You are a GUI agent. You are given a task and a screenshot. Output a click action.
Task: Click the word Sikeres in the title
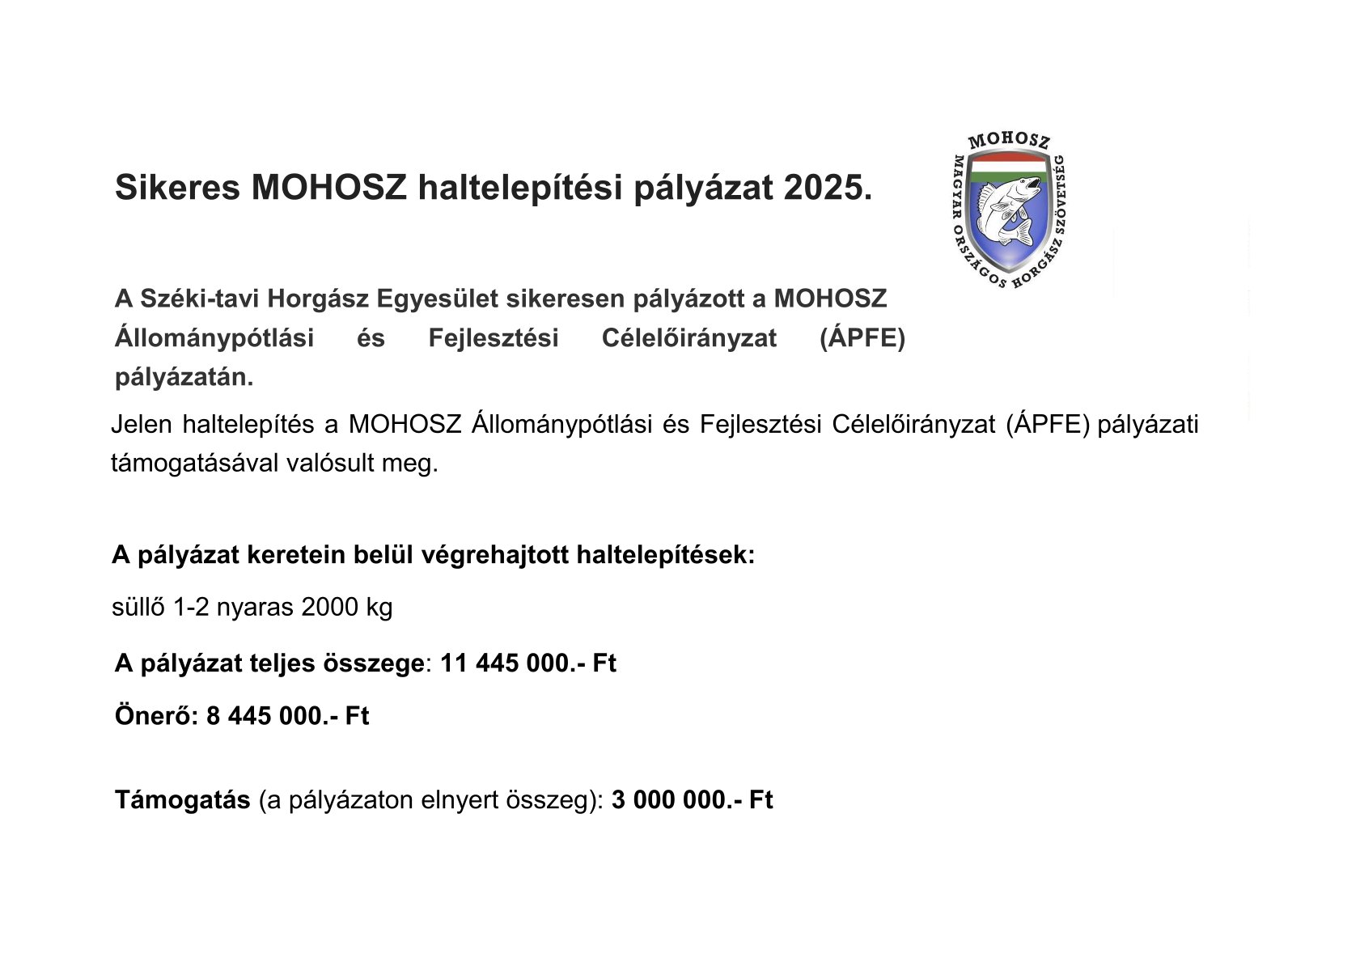point(177,188)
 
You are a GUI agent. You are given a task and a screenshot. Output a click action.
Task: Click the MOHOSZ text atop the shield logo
point(1009,141)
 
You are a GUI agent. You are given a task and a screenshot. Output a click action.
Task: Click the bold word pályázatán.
point(184,377)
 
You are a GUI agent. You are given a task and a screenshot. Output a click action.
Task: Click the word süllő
point(138,607)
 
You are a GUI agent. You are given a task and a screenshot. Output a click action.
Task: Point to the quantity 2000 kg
point(346,607)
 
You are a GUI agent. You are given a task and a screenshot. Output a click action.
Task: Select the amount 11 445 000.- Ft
point(527,663)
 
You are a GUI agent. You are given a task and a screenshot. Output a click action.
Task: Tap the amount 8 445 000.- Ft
point(287,716)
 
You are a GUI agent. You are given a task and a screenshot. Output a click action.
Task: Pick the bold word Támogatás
point(182,800)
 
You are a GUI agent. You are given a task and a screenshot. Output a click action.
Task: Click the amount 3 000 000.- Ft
point(692,800)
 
